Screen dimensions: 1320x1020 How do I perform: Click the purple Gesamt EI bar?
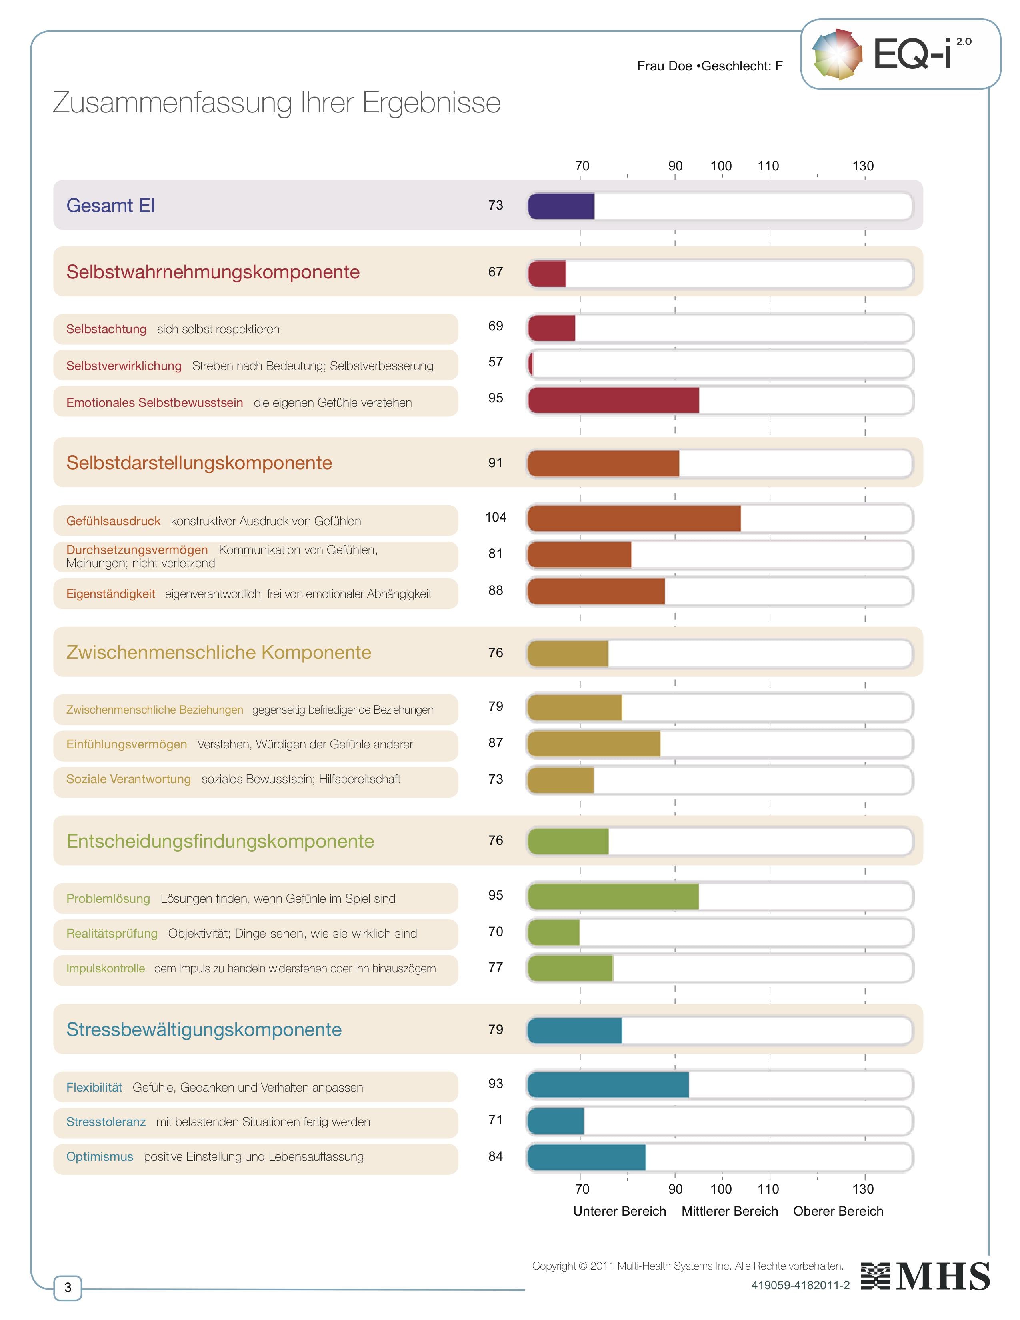tap(560, 206)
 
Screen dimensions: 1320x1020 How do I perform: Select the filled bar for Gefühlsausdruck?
tap(633, 518)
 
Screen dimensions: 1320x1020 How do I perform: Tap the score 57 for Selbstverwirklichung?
tap(496, 362)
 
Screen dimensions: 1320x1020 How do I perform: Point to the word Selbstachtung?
tap(106, 329)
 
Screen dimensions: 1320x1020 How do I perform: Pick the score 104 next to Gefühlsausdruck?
tap(496, 517)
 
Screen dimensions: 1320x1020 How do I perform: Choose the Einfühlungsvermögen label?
tap(126, 745)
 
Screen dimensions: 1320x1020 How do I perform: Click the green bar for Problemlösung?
tap(613, 896)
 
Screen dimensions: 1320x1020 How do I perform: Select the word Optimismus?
tap(100, 1157)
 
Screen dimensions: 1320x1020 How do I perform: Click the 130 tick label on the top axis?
tap(863, 166)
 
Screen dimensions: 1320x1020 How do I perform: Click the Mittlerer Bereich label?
tap(729, 1211)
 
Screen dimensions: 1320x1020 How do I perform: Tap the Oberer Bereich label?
tap(838, 1211)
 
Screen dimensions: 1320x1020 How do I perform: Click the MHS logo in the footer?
tap(926, 1276)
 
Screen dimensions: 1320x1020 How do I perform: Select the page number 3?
tap(68, 1287)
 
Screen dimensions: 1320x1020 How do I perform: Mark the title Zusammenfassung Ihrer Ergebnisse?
tap(277, 103)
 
